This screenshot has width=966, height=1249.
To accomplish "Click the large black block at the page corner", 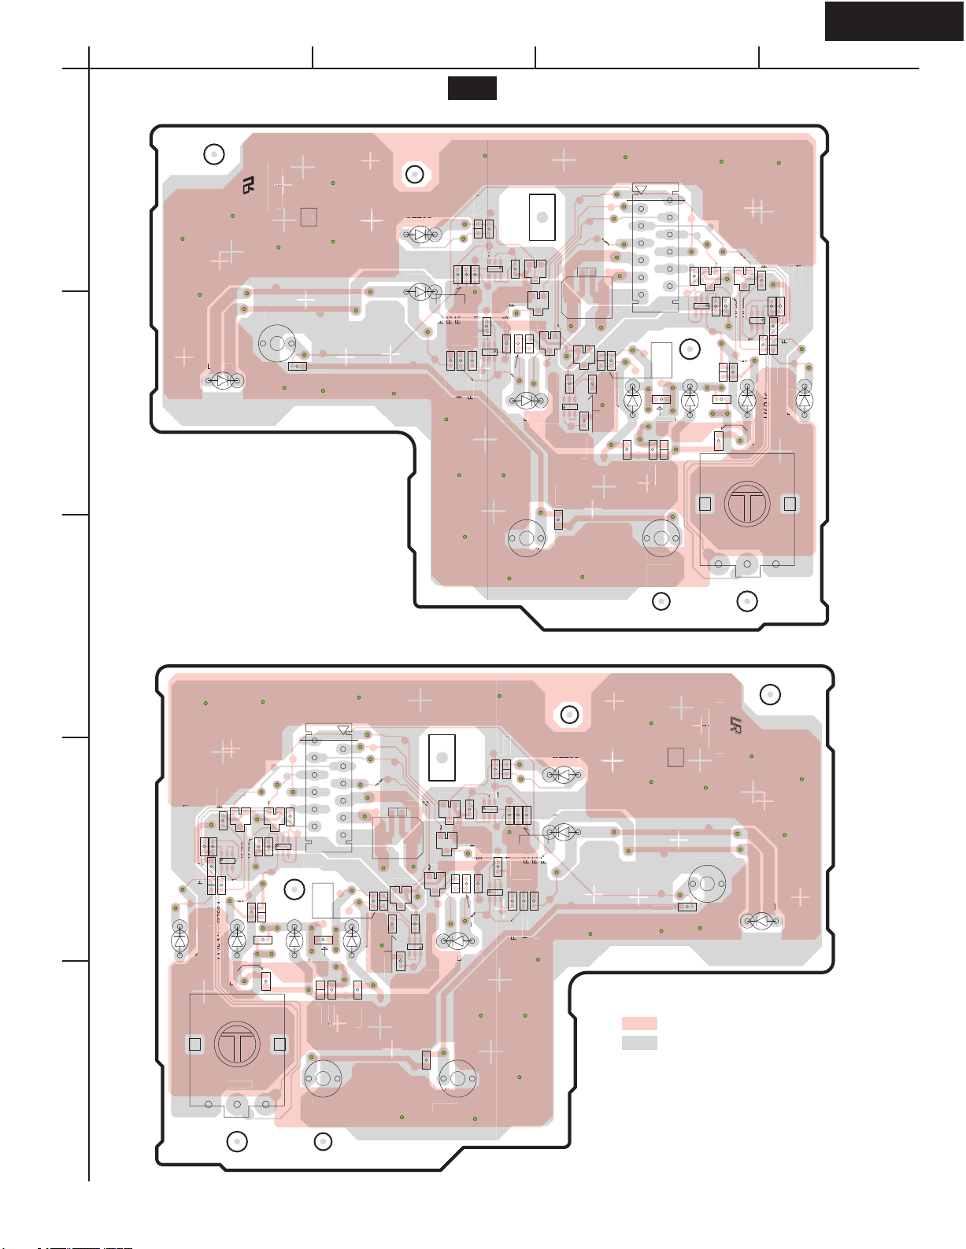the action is coord(894,20).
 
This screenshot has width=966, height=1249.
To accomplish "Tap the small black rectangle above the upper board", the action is coord(472,88).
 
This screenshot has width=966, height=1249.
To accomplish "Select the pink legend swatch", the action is coord(639,1023).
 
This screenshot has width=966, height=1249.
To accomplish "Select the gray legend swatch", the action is coord(639,1042).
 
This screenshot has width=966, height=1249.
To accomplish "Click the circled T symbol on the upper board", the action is coord(747,504).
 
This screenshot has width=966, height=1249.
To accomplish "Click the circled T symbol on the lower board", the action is coord(237,1044).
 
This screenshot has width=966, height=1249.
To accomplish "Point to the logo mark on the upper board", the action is coord(249,186).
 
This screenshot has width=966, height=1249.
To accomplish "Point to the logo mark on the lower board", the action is coord(735,725).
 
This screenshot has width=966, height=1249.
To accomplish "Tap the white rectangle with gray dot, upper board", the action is coord(542,216).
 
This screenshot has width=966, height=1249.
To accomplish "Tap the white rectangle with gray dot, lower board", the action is coord(442,757).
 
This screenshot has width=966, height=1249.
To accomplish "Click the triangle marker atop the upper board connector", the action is coord(640,190).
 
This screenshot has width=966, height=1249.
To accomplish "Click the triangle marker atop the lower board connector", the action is coord(343,730).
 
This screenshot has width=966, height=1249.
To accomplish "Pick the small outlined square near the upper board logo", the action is coord(309,216).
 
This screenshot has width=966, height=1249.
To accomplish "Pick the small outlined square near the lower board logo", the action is coord(675,756).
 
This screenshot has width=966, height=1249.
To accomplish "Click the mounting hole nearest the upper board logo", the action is coord(214,154).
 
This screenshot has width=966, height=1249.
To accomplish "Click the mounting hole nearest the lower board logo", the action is coord(770,694).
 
